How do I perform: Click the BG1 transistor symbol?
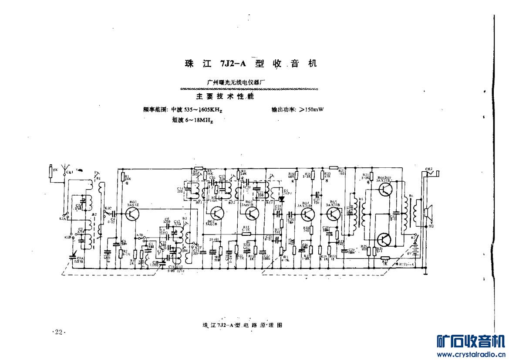132,214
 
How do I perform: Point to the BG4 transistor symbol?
308,214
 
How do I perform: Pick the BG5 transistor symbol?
334,214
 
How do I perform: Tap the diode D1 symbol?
281,199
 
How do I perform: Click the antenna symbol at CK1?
64,168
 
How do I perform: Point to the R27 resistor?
383,258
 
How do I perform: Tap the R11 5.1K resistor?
247,233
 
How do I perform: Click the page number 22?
59,332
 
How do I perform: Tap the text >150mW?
311,109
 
